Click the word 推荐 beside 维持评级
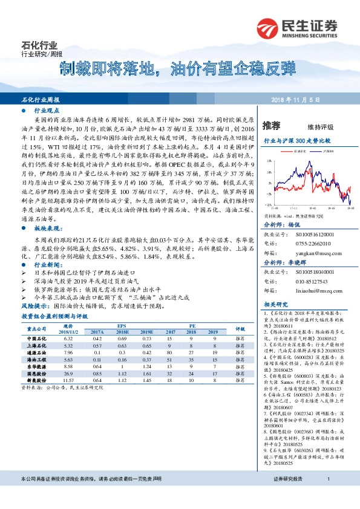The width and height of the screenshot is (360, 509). tap(272, 126)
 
